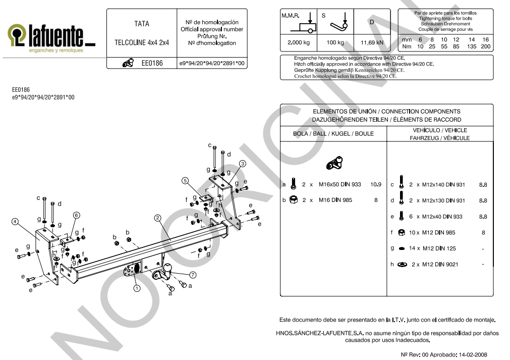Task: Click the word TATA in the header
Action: pos(142,24)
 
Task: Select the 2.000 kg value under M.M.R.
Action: pos(299,42)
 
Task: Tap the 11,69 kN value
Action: pos(372,42)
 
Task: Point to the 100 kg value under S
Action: pos(335,42)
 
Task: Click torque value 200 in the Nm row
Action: pos(485,46)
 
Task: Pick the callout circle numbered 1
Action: pos(136,288)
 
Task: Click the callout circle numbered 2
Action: pos(157,218)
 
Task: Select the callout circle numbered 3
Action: pos(242,163)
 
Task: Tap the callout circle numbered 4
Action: pos(15,221)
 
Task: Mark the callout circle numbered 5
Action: pos(185,180)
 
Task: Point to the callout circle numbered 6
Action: pos(76,215)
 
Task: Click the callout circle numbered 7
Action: pos(193,275)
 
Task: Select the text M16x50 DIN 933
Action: pos(339,185)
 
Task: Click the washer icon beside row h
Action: pos(402,265)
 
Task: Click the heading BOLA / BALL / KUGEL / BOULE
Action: pos(333,134)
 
